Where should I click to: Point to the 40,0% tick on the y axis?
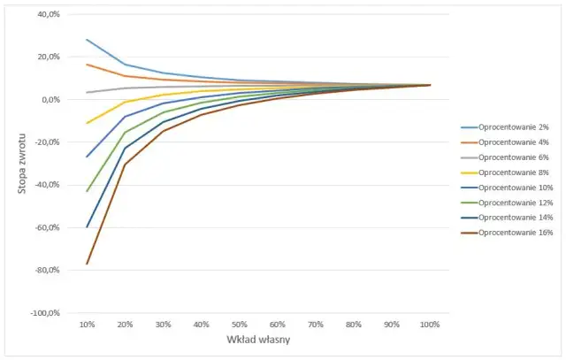coord(46,14)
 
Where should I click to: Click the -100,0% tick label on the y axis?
coord(42,313)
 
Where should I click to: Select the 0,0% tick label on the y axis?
coord(48,100)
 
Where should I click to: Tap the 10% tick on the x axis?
coord(88,325)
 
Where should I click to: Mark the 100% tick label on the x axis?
coord(431,325)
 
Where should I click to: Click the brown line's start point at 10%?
coord(87,264)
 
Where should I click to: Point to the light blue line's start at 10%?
coord(87,40)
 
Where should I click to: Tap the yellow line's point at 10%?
coord(87,123)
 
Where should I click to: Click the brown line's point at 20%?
coord(125,165)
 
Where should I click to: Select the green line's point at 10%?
coord(87,191)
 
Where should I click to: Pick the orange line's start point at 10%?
coord(87,65)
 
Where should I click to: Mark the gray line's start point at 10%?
coord(87,92)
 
